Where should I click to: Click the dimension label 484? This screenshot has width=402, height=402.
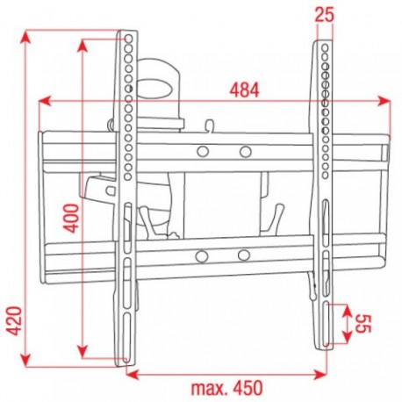pyautogui.click(x=245, y=90)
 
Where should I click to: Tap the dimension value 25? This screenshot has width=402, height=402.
pyautogui.click(x=324, y=15)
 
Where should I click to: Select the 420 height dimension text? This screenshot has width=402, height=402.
pyautogui.click(x=14, y=320)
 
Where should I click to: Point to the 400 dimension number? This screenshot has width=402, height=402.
pyautogui.click(x=71, y=219)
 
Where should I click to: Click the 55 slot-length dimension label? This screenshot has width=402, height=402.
pyautogui.click(x=363, y=324)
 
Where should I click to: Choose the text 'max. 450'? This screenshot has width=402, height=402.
pyautogui.click(x=227, y=388)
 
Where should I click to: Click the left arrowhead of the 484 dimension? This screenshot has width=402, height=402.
pyautogui.click(x=45, y=101)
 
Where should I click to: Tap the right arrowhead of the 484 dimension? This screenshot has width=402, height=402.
pyautogui.click(x=384, y=101)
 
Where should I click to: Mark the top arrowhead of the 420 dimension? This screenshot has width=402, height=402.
pyautogui.click(x=25, y=38)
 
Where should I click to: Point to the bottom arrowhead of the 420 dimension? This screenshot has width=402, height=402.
pyautogui.click(x=25, y=359)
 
